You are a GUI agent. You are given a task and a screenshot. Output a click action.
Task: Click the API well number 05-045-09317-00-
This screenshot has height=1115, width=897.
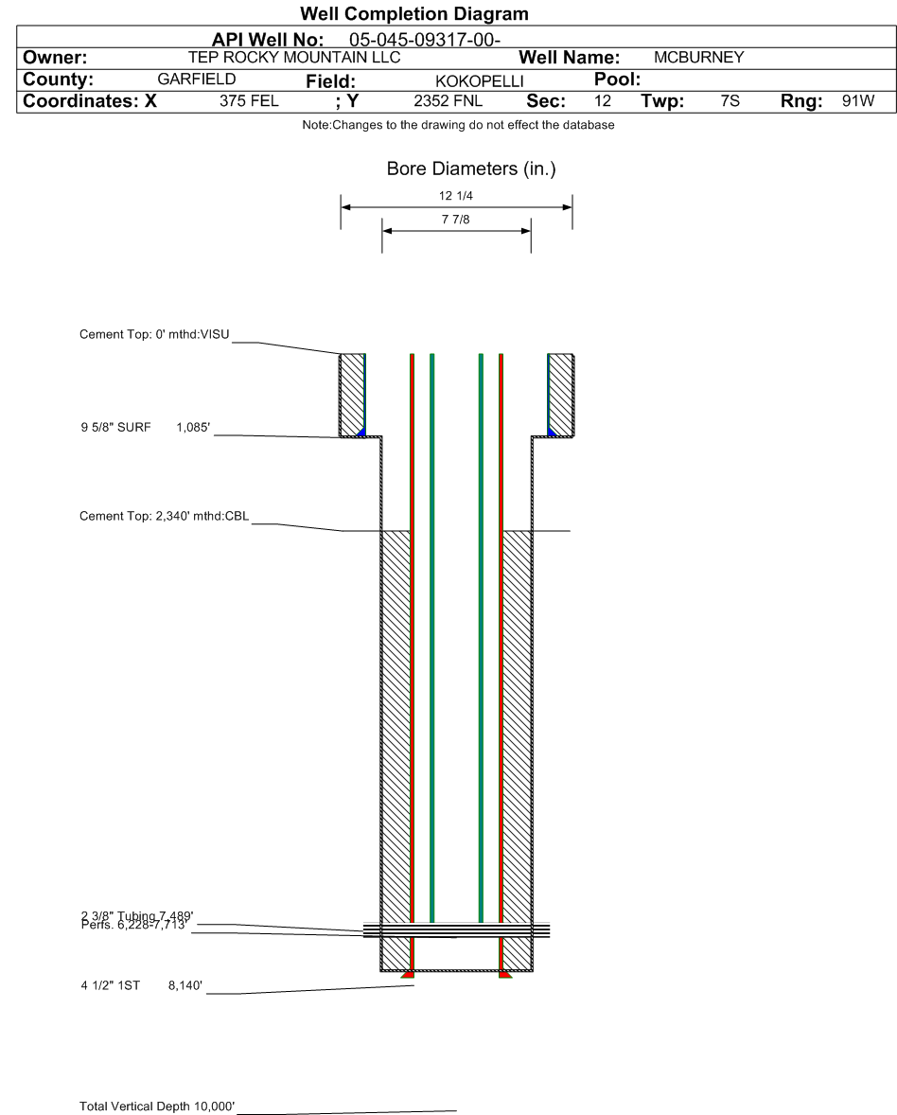pyautogui.click(x=424, y=40)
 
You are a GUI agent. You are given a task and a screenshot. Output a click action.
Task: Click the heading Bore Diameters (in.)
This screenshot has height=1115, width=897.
pyautogui.click(x=456, y=170)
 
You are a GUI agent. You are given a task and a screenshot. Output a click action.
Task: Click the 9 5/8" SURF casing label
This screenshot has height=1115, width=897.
pyautogui.click(x=114, y=428)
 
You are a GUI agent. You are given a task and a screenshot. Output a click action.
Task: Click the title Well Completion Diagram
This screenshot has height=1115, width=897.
pyautogui.click(x=413, y=14)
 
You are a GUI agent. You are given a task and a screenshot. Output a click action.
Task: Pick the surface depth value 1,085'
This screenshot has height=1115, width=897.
pyautogui.click(x=194, y=428)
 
